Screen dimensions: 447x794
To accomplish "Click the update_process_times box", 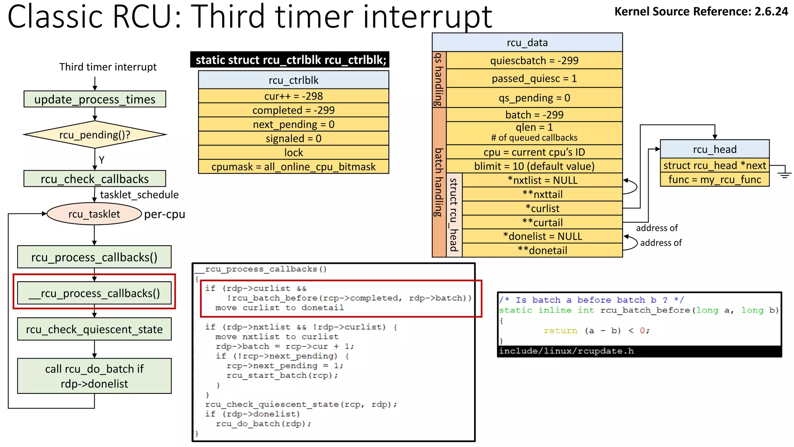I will click(95, 99).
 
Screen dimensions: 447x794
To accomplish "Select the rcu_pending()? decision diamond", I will click(95, 135).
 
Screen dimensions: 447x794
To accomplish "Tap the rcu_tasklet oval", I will click(94, 214).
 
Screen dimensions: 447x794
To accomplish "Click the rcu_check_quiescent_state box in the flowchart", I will click(94, 329).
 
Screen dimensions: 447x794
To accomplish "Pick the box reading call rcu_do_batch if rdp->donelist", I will click(94, 376).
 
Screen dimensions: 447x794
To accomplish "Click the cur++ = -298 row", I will click(293, 96).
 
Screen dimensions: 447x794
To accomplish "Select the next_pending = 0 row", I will click(293, 125).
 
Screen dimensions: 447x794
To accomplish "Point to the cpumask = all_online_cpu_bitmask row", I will click(293, 167).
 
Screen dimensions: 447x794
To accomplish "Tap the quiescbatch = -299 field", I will click(534, 61).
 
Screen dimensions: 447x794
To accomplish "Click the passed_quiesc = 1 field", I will click(534, 79).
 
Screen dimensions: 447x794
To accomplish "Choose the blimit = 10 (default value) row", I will click(534, 166).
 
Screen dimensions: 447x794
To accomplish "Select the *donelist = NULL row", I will click(542, 236).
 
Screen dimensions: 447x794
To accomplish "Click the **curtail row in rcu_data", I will click(542, 223).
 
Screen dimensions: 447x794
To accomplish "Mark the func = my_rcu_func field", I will click(715, 180).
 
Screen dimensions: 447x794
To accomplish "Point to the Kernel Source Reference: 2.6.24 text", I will click(701, 12).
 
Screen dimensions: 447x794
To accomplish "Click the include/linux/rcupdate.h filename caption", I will click(566, 351).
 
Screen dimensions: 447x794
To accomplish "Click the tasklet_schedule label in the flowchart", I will click(139, 195).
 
